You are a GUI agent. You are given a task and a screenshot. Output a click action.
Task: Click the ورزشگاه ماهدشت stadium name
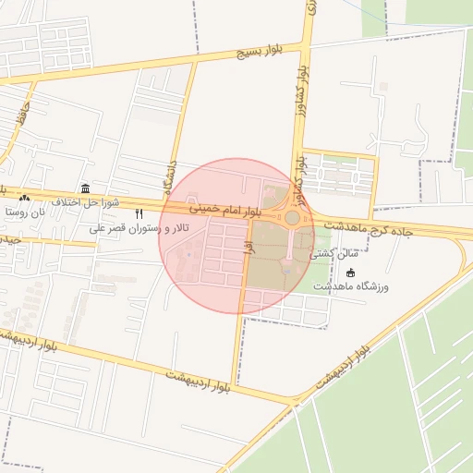pos(351,286)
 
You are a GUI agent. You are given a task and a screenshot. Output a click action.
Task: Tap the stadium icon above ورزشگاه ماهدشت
pos(350,272)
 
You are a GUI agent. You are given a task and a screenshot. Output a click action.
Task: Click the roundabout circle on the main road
pos(292,218)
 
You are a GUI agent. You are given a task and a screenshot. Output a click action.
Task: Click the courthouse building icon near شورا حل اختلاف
pos(85,189)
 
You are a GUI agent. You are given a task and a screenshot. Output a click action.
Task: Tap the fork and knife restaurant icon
pos(139,213)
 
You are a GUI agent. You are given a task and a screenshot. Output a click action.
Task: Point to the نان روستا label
pos(23,212)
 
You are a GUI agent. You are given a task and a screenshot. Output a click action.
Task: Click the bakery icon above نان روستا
pos(23,197)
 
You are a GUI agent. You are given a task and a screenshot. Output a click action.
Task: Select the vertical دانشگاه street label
pos(167,176)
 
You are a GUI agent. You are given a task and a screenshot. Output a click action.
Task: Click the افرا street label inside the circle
pos(247,245)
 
